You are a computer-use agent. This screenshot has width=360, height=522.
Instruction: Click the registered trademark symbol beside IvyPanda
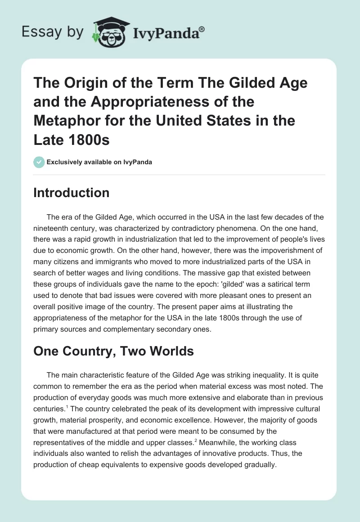(x=202, y=30)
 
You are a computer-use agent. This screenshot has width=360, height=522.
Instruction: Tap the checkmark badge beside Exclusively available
(x=39, y=162)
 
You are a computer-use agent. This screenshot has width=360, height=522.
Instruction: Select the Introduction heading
(x=72, y=193)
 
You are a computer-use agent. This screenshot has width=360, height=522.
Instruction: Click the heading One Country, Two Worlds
(x=113, y=351)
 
